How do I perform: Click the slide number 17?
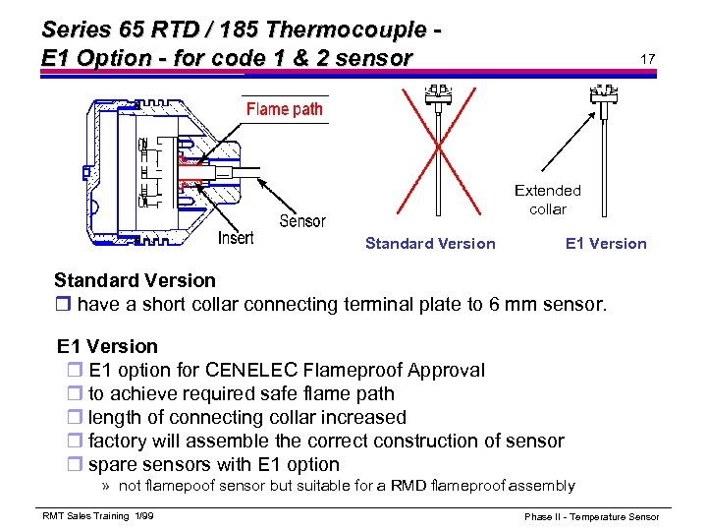(647, 59)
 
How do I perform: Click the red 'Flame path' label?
(284, 109)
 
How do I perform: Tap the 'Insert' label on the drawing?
(236, 237)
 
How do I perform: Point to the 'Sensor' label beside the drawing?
(302, 220)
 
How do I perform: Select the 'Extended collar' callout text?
(548, 200)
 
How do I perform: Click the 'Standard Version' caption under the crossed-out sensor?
(430, 244)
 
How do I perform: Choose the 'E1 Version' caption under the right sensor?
(606, 244)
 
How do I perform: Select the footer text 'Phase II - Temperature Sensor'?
(591, 516)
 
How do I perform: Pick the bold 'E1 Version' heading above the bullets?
(107, 346)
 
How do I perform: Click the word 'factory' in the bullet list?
(117, 442)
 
